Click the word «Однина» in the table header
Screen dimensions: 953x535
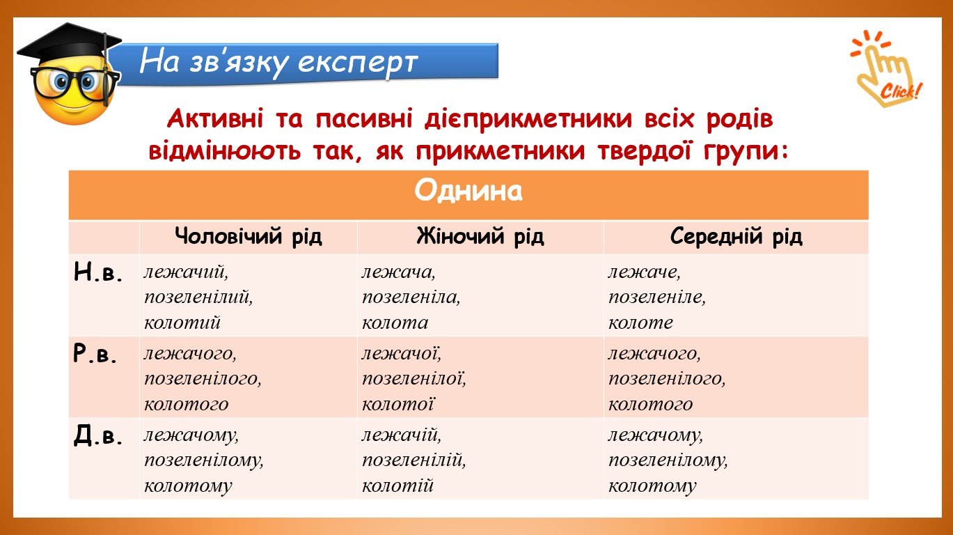coord(468,191)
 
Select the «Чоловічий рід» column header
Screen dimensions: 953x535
coord(249,237)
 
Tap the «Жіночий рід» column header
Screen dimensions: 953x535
coord(480,237)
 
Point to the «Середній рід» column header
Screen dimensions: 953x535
coord(737,237)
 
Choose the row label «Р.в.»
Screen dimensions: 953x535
coord(95,354)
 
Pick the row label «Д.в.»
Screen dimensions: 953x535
coord(98,435)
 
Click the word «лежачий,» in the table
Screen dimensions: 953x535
coord(186,272)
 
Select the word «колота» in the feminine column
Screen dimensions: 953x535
coord(395,323)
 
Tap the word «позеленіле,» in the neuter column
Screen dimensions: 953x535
coord(657,297)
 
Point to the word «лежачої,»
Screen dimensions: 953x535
coord(401,353)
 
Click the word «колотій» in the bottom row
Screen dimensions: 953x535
coord(397,486)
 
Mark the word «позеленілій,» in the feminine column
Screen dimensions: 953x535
coord(414,460)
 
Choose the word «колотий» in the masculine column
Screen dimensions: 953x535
coord(182,323)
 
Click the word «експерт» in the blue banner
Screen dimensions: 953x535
coord(357,63)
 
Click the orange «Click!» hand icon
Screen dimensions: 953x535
coord(887,68)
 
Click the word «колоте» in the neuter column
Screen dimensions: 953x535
coord(640,323)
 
